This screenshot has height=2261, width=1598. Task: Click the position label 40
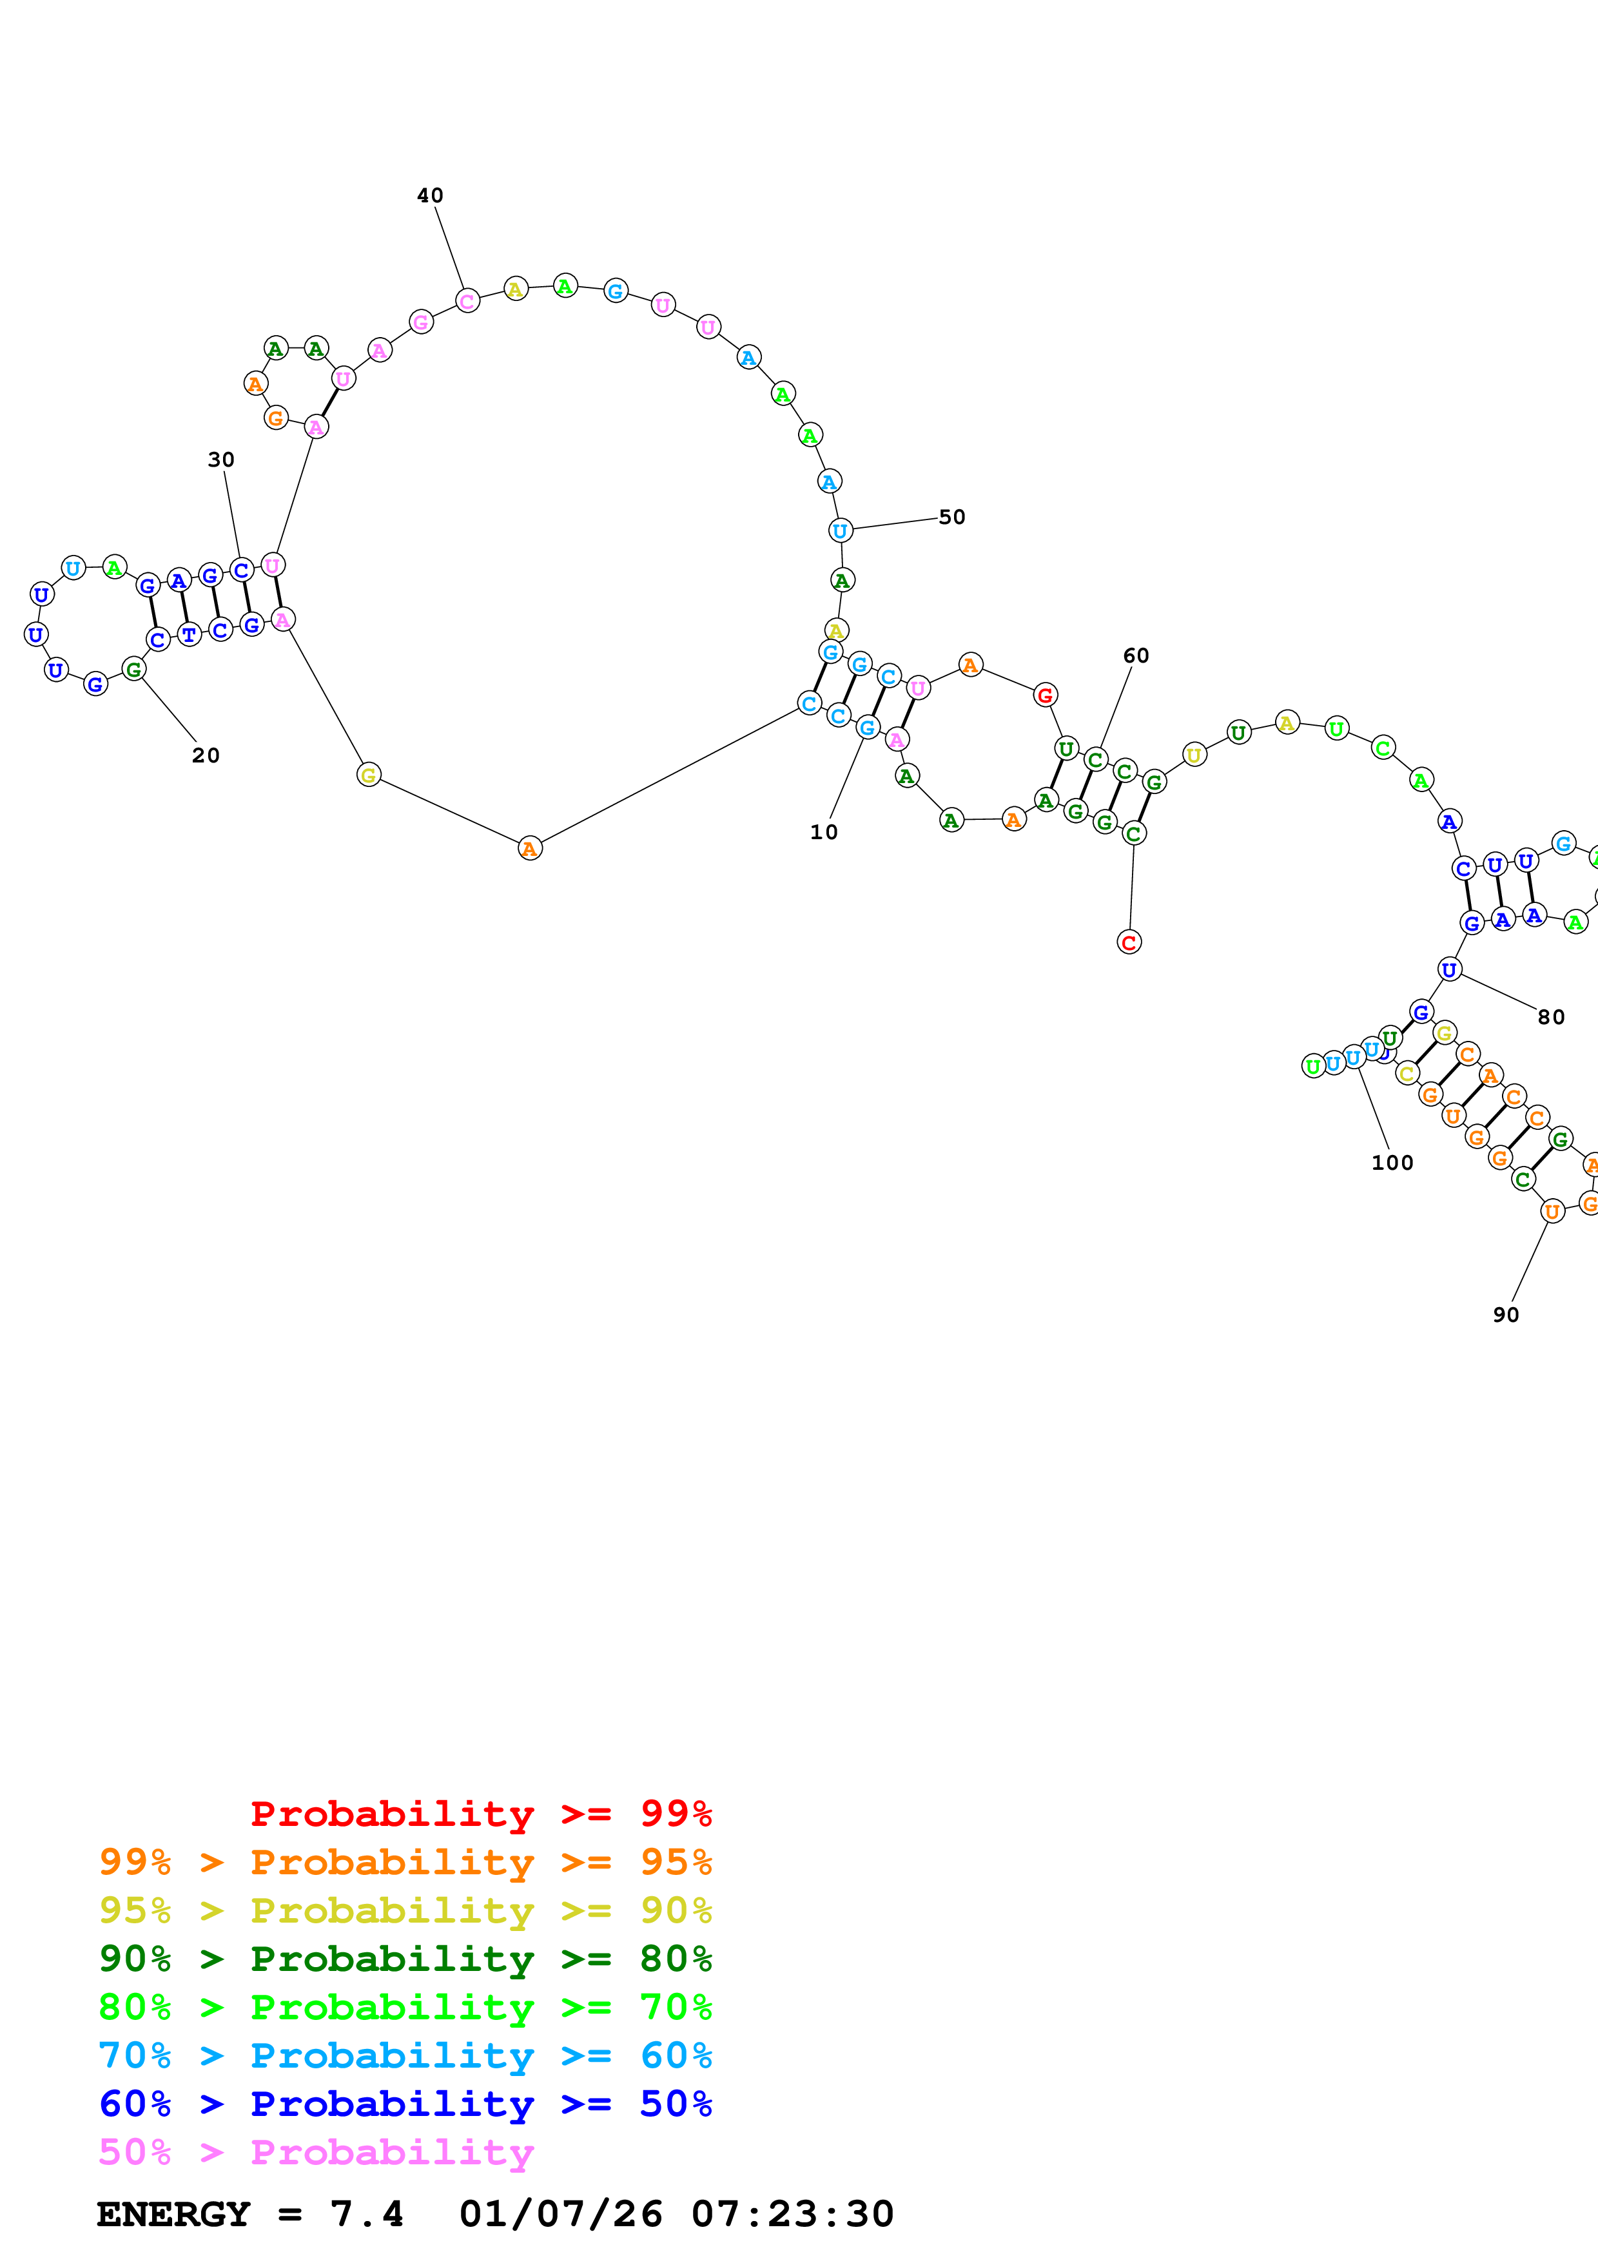pyautogui.click(x=429, y=195)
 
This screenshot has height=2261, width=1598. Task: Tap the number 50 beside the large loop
pyautogui.click(x=951, y=517)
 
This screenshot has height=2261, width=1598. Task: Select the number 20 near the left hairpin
pyautogui.click(x=205, y=755)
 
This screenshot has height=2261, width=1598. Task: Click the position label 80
pyautogui.click(x=1551, y=1017)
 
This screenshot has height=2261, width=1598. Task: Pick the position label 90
pyautogui.click(x=1505, y=1315)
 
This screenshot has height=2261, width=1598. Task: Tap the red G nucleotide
pyautogui.click(x=1045, y=695)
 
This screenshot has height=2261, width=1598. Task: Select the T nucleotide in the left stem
pyautogui.click(x=189, y=634)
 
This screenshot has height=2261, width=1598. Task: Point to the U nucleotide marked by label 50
pyautogui.click(x=840, y=531)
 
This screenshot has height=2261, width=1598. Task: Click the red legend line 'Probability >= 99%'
pyautogui.click(x=480, y=1814)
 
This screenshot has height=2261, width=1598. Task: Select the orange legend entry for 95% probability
pyautogui.click(x=405, y=1862)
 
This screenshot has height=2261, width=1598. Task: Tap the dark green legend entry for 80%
pyautogui.click(x=405, y=1959)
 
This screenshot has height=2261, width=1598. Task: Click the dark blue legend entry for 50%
pyautogui.click(x=405, y=2104)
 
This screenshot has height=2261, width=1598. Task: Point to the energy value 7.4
pyautogui.click(x=366, y=2215)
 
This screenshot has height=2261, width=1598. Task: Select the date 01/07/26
pyautogui.click(x=560, y=2215)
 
